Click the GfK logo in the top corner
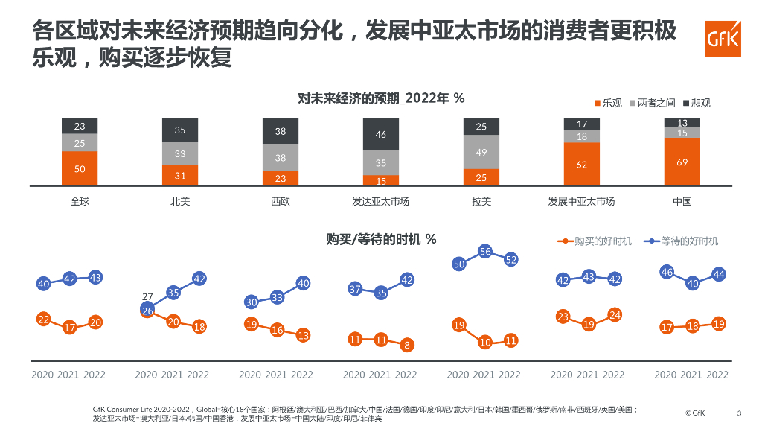[722, 39]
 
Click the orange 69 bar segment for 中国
[682, 162]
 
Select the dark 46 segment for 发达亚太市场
[380, 135]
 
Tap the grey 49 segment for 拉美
[481, 152]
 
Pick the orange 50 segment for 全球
[80, 169]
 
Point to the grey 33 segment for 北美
[180, 153]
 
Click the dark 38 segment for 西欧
[281, 131]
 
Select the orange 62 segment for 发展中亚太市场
[582, 164]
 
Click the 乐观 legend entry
[608, 103]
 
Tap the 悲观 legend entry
[696, 103]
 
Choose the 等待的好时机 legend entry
[683, 241]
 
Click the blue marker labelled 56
[485, 252]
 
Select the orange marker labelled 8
[407, 346]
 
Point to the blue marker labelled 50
[459, 264]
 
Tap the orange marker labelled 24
[614, 314]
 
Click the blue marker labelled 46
[667, 272]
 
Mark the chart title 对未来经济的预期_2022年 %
[380, 98]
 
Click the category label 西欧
[281, 201]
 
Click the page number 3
[739, 413]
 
